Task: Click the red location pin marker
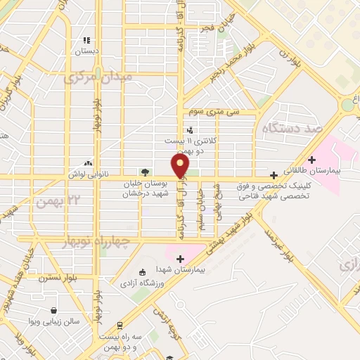pos(181,165)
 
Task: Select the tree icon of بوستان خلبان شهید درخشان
pos(144,172)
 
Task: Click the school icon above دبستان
pos(86,41)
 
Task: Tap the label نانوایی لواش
pos(86,173)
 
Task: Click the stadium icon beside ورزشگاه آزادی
pos(142,272)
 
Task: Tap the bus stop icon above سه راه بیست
pos(120,326)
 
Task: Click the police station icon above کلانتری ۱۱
pos(190,130)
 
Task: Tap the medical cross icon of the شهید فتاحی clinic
pos(274,174)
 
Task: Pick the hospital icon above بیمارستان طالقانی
pos(312,160)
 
